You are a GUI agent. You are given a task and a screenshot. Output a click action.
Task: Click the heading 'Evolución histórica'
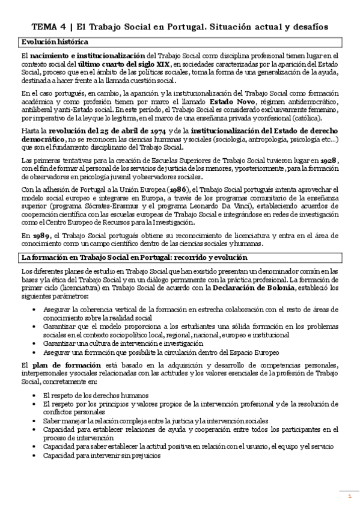tap(55, 41)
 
